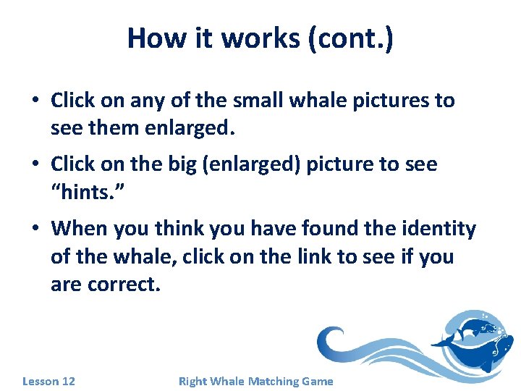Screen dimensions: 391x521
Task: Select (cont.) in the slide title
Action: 350,38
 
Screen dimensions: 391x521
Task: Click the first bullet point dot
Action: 35,101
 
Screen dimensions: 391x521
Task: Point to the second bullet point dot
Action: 35,164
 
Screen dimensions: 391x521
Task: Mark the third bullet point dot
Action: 35,230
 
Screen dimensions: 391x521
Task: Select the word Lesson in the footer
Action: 41,381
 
